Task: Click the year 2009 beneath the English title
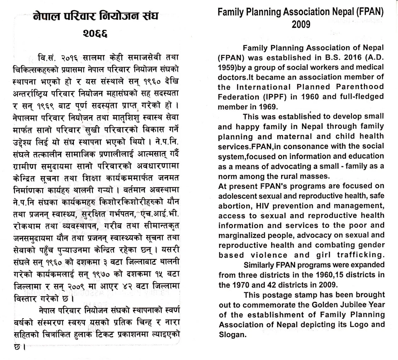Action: (x=301, y=24)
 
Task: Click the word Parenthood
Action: (x=360, y=87)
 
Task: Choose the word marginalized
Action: (x=242, y=235)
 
